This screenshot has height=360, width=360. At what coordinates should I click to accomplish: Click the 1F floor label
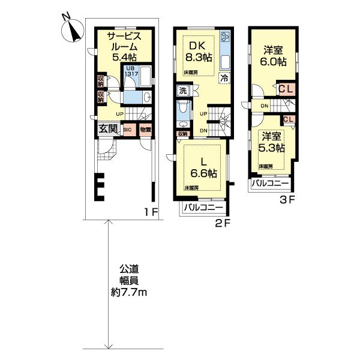pyautogui.click(x=150, y=212)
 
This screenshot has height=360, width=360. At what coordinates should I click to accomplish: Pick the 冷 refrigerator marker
pyautogui.click(x=223, y=77)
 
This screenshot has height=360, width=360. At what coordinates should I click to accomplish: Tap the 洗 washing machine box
pyautogui.click(x=182, y=91)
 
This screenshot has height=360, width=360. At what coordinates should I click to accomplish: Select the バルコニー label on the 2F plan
pyautogui.click(x=203, y=208)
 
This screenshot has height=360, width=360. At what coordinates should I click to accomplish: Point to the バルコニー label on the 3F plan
pyautogui.click(x=270, y=183)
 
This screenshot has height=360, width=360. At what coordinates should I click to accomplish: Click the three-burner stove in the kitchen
pyautogui.click(x=225, y=37)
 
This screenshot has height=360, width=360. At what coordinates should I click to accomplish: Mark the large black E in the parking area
pyautogui.click(x=101, y=187)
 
